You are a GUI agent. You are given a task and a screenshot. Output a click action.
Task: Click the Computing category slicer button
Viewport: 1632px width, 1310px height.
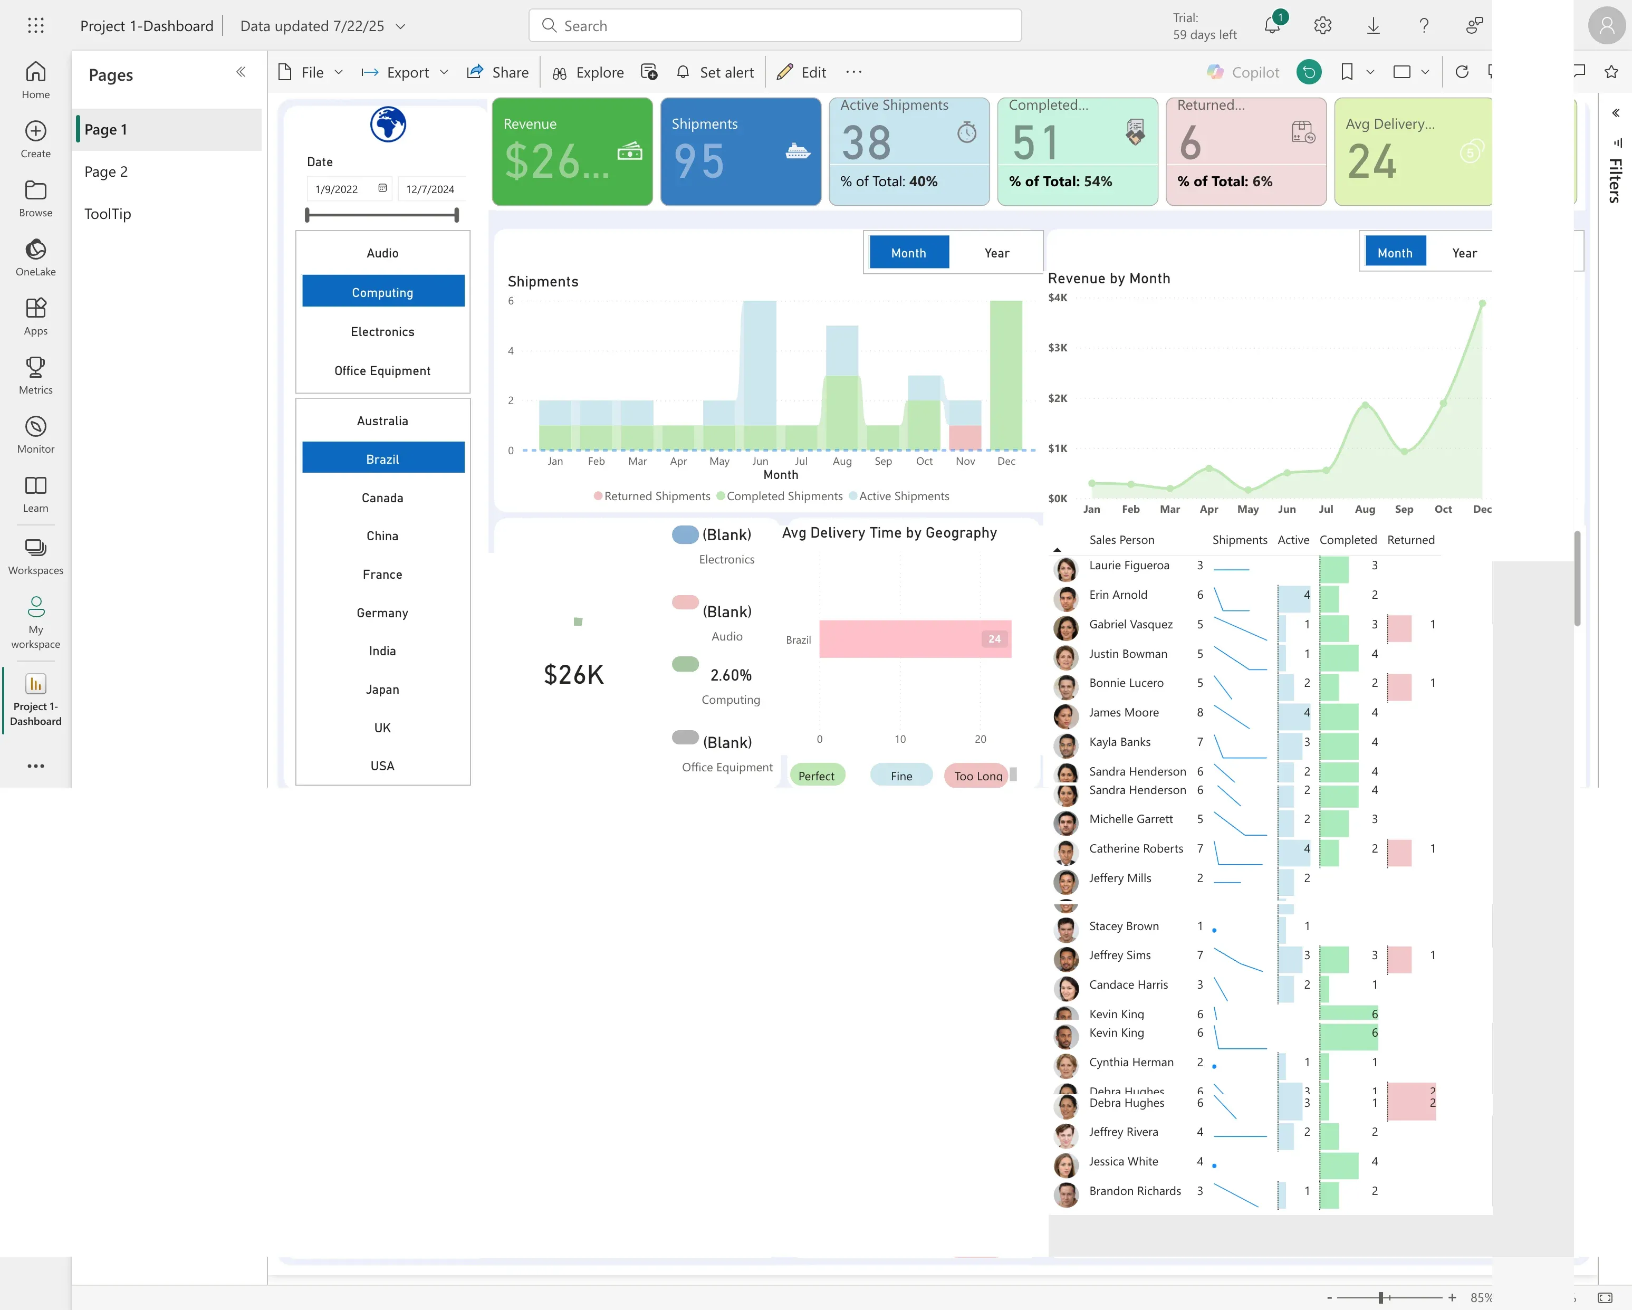click(382, 292)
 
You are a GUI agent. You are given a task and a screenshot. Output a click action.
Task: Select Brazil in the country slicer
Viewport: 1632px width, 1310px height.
click(382, 459)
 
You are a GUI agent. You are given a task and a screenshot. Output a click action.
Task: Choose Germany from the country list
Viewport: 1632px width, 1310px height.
click(382, 613)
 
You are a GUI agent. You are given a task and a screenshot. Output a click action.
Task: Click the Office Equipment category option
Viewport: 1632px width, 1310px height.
click(382, 371)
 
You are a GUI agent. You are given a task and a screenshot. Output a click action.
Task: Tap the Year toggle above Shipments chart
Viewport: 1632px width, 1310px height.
click(996, 253)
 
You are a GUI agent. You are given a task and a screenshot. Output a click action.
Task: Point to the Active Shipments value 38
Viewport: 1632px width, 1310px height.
click(866, 143)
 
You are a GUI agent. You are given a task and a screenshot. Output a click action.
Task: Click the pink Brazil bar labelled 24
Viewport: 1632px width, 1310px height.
click(915, 639)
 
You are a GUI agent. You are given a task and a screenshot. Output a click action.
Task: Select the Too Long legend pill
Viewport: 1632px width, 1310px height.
click(977, 776)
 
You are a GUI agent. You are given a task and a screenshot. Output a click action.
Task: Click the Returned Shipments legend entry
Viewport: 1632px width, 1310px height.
click(656, 496)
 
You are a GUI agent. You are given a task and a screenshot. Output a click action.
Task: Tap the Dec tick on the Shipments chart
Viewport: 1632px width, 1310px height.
click(1006, 461)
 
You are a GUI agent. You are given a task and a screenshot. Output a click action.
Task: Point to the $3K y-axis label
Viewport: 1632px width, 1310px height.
click(1058, 348)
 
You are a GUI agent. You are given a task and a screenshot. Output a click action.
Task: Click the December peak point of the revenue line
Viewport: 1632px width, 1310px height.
click(1482, 304)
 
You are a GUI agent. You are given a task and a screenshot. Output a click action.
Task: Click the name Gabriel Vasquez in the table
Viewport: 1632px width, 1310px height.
click(1130, 624)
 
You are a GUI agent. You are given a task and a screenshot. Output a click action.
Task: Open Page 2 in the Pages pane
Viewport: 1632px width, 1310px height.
click(106, 172)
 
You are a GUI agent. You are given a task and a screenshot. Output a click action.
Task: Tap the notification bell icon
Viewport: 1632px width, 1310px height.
click(1272, 26)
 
